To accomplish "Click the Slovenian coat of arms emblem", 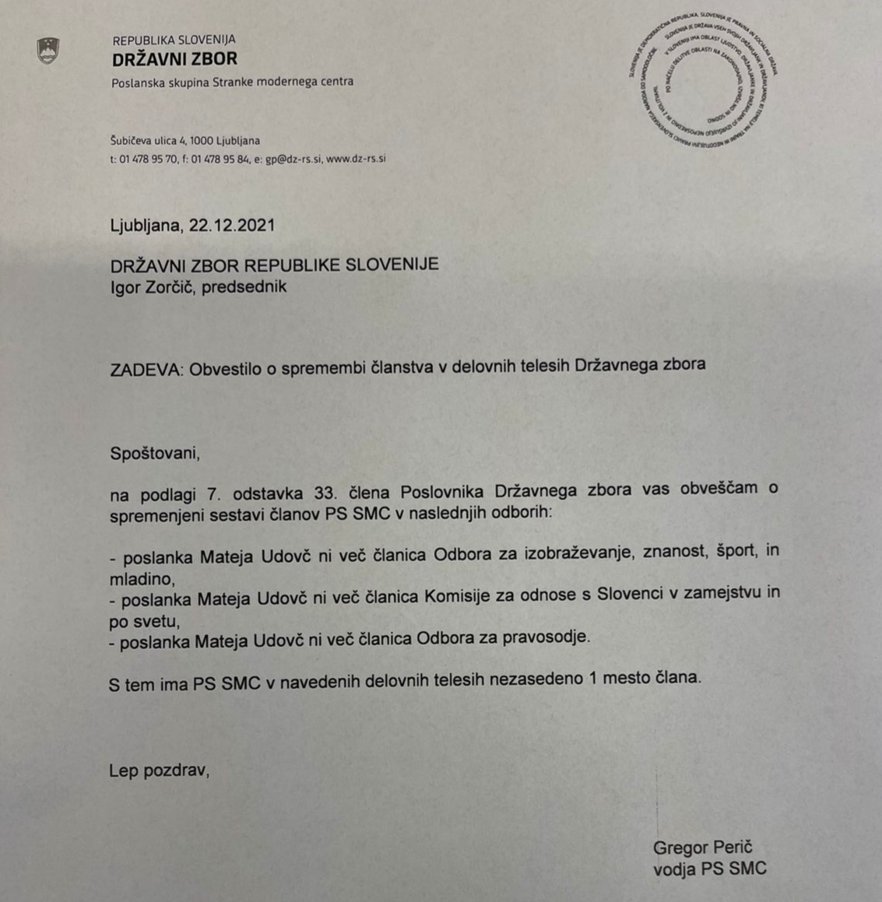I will tap(48, 51).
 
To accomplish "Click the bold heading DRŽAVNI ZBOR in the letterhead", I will tap(174, 59).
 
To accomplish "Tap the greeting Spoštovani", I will tap(154, 453).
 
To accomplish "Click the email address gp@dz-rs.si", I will tap(293, 159).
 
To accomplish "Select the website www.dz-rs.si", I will tap(356, 159).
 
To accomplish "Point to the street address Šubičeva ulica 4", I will tap(149, 141).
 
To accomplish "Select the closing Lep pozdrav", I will tap(159, 770).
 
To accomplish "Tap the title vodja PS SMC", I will tap(709, 869).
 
